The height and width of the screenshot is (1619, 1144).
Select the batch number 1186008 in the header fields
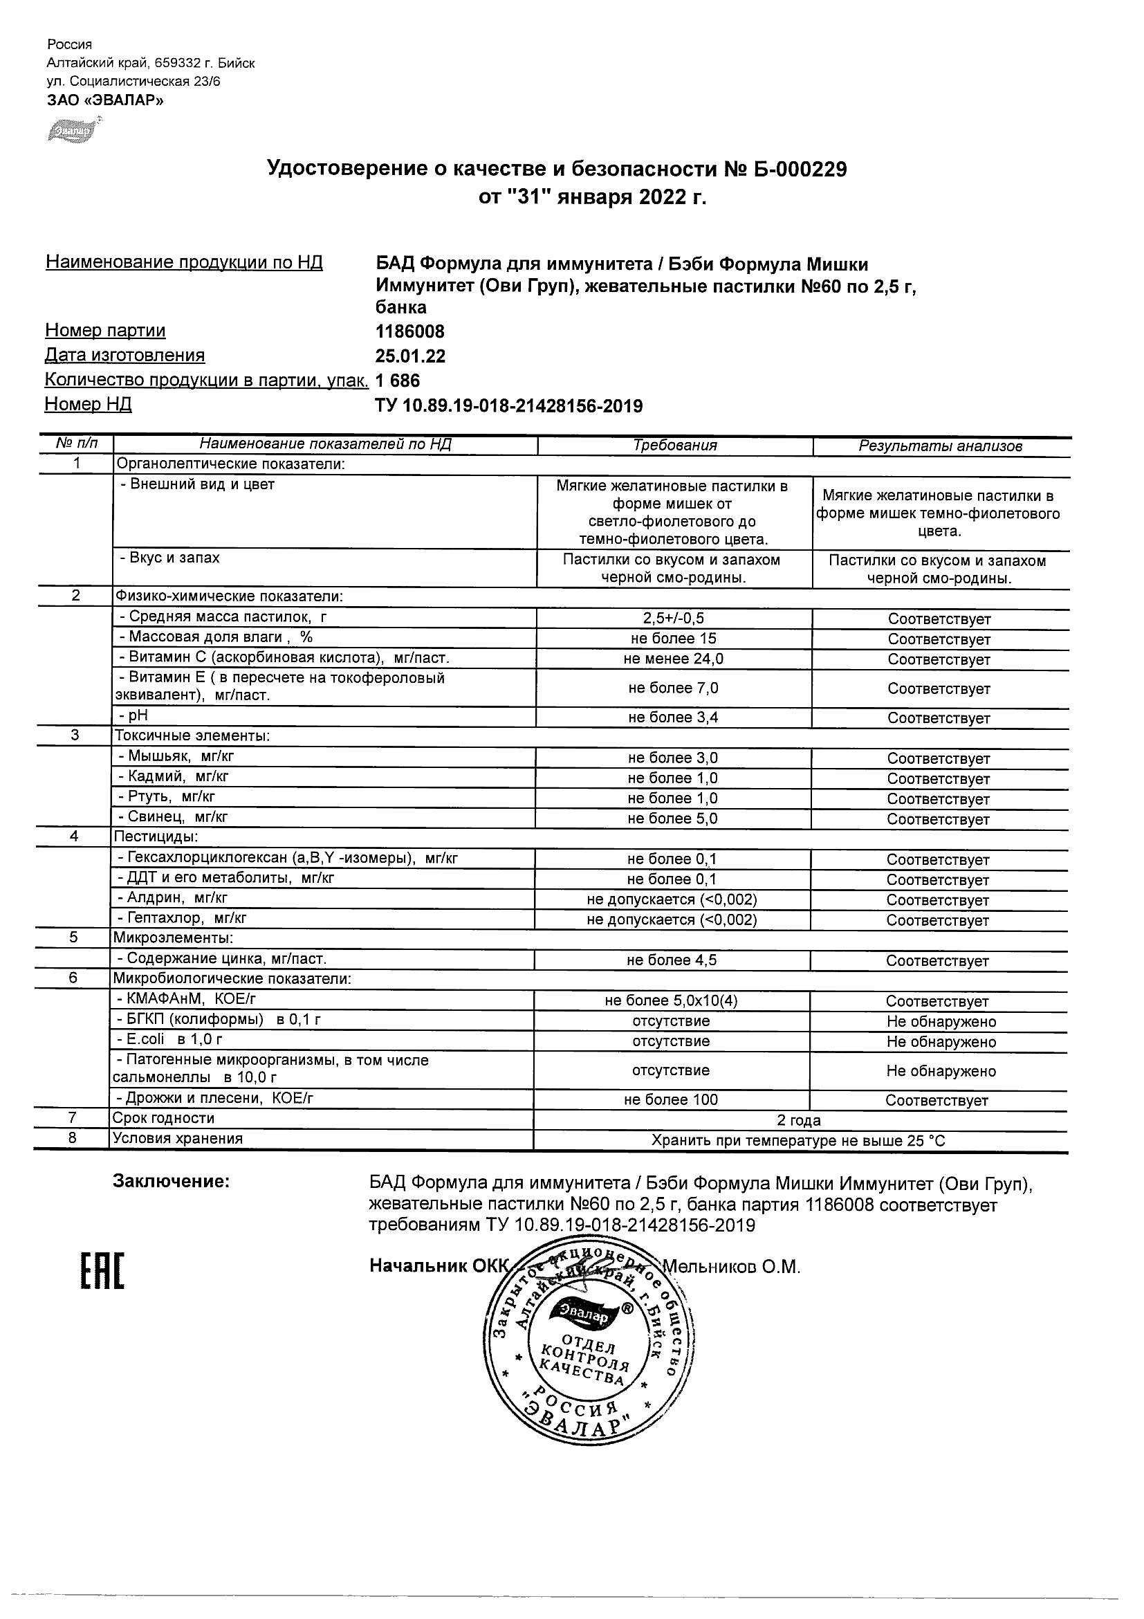coord(409,331)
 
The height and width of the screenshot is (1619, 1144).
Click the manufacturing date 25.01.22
coord(410,356)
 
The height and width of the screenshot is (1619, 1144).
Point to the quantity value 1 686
coord(398,381)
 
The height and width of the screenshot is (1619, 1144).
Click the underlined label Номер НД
coord(88,404)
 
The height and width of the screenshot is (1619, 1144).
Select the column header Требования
coord(674,446)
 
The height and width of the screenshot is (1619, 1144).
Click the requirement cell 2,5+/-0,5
coord(673,619)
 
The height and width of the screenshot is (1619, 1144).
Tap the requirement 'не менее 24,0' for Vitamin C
coord(673,659)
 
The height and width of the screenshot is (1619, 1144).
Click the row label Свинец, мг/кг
coord(173,816)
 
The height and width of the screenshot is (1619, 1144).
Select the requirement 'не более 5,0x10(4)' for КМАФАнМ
coord(671,1000)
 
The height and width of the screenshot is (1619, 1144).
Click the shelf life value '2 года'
coord(799,1120)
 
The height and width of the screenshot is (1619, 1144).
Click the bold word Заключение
coord(172,1181)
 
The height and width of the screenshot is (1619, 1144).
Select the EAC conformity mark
coord(102,1272)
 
